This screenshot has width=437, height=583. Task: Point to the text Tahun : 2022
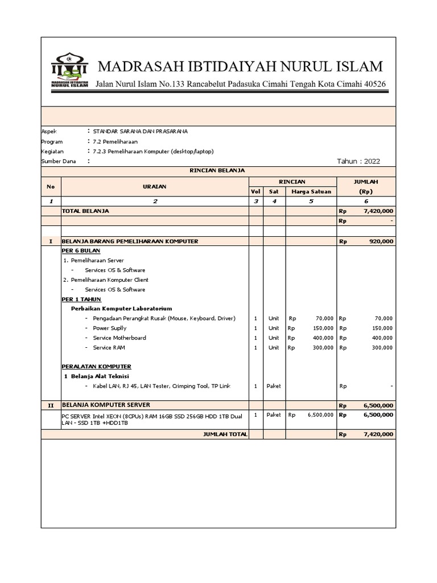(358, 162)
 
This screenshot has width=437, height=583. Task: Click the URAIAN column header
(155, 186)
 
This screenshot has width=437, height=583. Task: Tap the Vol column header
(255, 191)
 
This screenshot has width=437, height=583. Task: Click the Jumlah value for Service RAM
(383, 348)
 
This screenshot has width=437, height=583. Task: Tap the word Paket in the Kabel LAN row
(274, 386)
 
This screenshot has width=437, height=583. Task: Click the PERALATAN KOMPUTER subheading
(96, 366)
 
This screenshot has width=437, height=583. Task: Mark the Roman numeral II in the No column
(51, 405)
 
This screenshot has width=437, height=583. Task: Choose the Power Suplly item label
(110, 329)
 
